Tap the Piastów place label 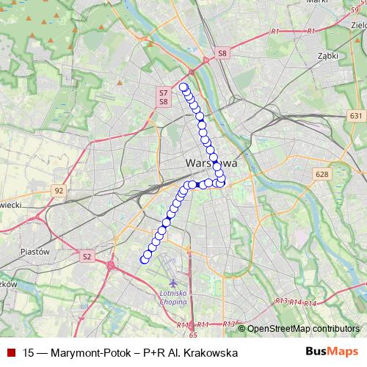pos(34,252)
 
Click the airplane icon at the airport pos(173,283)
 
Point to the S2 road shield pos(87,256)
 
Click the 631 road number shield pos(356,116)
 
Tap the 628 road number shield pos(321,174)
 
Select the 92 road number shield pos(59,190)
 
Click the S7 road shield pos(164,93)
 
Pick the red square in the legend pos(10,353)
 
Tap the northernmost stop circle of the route pos(183,87)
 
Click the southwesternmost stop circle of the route pos(144,260)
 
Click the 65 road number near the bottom pos(193,334)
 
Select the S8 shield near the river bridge pos(223,53)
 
